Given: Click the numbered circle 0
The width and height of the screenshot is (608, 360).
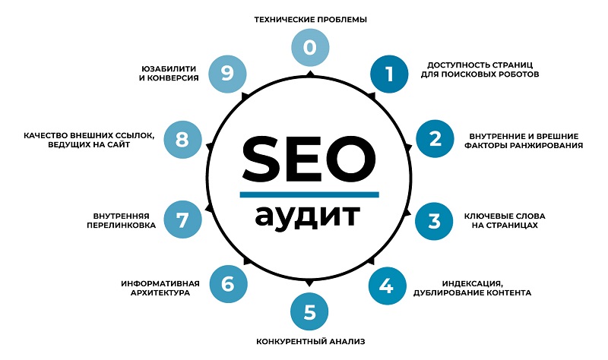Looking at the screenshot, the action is pos(310,47).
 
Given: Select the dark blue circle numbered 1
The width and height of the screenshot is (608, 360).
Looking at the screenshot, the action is pos(389,74).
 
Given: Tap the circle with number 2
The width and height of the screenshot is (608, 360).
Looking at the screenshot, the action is pos(435,139).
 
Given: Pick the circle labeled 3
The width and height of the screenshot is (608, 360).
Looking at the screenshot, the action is pos(434,221).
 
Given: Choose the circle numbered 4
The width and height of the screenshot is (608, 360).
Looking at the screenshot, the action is pos(387,286).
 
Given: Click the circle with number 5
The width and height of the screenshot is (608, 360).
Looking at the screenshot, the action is pos(309,312).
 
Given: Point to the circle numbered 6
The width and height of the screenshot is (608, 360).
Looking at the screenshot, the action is pos(229,284).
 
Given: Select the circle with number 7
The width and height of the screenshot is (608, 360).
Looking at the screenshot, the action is pos(182,219).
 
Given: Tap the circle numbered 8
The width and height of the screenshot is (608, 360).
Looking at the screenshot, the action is pos(182,140).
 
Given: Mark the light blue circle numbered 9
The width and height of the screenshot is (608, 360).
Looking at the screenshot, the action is pos(227,74).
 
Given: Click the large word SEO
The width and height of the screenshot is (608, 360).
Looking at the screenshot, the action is pos(309,159).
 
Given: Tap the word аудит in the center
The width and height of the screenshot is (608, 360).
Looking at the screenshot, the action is pos(308,216).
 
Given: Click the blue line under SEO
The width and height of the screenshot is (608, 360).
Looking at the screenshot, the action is pos(309,194).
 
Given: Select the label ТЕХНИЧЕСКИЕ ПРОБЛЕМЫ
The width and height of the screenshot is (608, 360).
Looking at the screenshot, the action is pos(311,20).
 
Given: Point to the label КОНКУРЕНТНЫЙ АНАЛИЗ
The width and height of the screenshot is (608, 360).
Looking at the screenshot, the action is pos(311,342).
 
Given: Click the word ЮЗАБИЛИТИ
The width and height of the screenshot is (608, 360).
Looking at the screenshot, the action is pos(169,68).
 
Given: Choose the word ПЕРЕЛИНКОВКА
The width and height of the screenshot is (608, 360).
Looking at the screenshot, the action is pos(121,225).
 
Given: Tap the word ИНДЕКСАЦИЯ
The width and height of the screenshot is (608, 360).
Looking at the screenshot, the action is pos(472,284).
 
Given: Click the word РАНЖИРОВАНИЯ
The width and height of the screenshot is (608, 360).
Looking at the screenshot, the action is pos(549,145).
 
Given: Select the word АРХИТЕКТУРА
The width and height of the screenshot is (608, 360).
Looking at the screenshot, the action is pos(160,292).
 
